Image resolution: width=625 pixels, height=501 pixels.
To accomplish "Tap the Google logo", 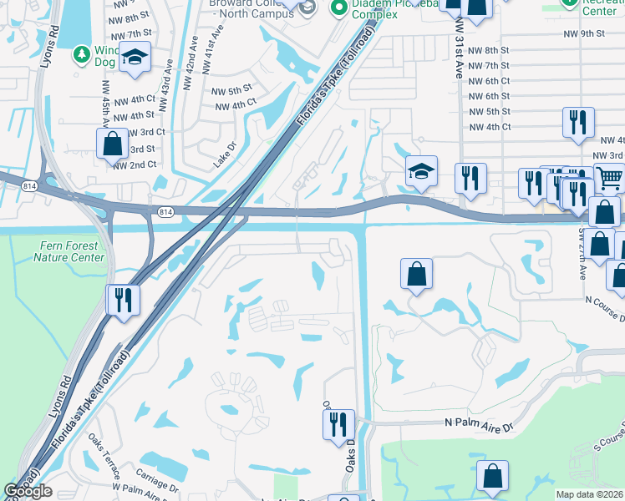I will (28, 491).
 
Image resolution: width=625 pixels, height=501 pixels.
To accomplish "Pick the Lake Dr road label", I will (225, 154).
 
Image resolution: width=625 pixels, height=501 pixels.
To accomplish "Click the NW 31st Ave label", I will (459, 51).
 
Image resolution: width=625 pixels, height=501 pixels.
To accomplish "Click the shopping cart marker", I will (609, 177).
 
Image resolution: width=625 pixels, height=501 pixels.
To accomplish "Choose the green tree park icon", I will (81, 54).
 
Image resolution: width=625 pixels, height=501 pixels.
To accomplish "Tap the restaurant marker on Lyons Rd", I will (124, 299).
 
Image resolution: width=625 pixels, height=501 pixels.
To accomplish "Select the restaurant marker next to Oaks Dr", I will (338, 423).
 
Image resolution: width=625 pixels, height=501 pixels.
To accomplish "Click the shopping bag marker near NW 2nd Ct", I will (112, 143).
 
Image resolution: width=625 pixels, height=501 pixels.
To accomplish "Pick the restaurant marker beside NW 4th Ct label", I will (577, 121).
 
